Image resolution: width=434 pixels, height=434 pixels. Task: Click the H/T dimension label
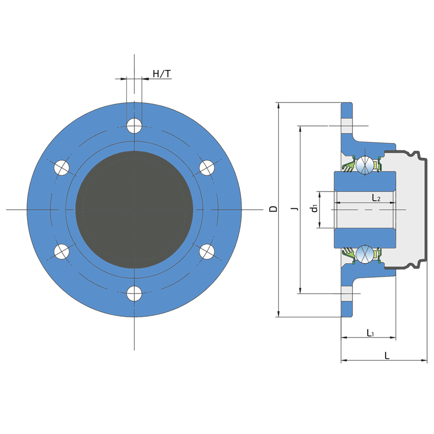click(x=162, y=73)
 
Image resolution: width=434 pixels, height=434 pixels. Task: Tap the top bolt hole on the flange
click(x=134, y=126)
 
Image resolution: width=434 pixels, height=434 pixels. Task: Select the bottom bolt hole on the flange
click(x=134, y=293)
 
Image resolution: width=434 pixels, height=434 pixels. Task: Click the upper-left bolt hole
click(x=62, y=168)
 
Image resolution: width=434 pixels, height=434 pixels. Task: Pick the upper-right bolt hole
click(x=206, y=168)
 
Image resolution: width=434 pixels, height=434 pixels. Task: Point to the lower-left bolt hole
click(x=62, y=252)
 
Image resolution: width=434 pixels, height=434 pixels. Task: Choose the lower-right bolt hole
click(x=206, y=252)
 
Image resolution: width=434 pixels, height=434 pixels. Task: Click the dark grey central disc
click(x=134, y=209)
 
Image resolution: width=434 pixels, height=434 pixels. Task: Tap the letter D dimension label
click(x=273, y=209)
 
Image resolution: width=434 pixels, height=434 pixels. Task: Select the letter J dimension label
click(x=293, y=209)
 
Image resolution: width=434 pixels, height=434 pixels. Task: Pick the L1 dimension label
click(x=371, y=332)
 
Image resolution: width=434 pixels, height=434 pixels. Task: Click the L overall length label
click(x=386, y=355)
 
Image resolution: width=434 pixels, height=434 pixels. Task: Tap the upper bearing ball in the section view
click(x=366, y=164)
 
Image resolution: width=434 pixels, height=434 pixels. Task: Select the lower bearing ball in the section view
click(x=366, y=254)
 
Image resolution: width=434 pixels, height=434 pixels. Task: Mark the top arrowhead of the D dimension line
click(x=278, y=104)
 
